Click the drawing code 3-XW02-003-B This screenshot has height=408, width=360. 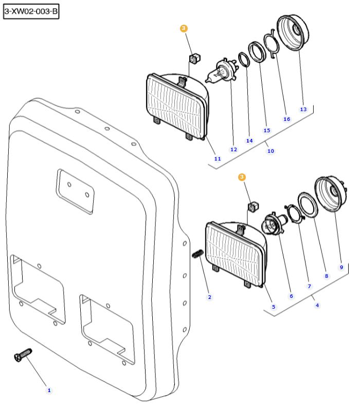tap(31, 11)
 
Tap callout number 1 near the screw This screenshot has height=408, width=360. tap(49, 391)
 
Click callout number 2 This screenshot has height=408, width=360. tap(210, 297)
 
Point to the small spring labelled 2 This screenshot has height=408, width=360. tap(197, 254)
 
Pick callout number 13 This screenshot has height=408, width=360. tap(303, 109)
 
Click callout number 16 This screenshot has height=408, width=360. tap(286, 119)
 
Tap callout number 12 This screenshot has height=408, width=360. tap(233, 149)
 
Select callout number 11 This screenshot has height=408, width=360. tap(218, 158)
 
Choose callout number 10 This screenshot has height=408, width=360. tap(271, 151)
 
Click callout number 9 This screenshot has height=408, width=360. tap(341, 267)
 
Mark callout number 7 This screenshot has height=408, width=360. tap(309, 286)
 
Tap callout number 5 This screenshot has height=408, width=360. tap(273, 307)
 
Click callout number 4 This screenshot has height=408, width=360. tap(317, 305)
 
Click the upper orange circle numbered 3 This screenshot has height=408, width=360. tap(184, 29)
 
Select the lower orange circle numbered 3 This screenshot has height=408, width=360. tap(242, 177)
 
